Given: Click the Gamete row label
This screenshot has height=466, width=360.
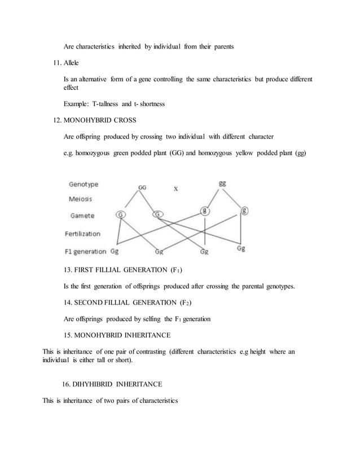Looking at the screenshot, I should (x=82, y=216).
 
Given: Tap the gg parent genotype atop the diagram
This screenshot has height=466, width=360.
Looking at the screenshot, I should (x=223, y=183).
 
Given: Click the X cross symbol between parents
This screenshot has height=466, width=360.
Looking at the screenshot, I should (x=176, y=189).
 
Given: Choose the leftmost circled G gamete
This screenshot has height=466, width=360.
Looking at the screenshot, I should (x=121, y=215).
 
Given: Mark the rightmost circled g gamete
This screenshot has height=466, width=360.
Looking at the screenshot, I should (x=244, y=212).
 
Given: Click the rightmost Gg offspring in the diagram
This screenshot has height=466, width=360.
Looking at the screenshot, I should (x=241, y=248).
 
